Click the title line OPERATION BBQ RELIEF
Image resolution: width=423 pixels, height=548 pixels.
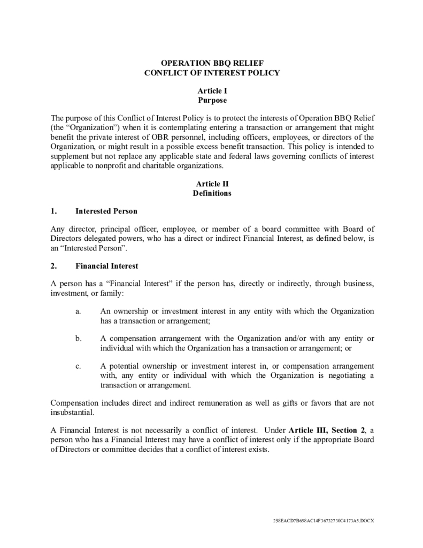coord(212,63)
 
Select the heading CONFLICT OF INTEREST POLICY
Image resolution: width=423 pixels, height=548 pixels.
coord(212,73)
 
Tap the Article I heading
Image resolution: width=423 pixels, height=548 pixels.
coord(212,91)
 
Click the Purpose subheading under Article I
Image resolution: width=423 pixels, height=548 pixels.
coord(212,100)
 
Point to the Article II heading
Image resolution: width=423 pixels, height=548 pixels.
coord(212,184)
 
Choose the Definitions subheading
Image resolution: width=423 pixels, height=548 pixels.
coord(212,193)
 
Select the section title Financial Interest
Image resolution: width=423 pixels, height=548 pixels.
coord(107,265)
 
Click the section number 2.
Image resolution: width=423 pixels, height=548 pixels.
coord(53,265)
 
